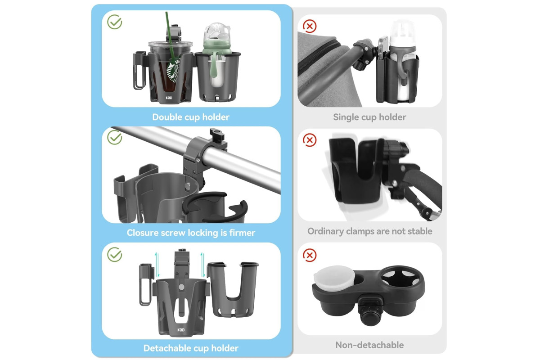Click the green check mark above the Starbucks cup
coord(115,22)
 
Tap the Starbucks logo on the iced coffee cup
coord(174,72)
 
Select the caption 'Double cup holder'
coord(191,117)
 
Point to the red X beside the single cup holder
coord(310,26)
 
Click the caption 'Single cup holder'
coord(369,117)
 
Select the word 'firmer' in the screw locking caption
coord(242,233)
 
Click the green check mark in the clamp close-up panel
coord(115,137)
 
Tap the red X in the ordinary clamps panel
coord(310,140)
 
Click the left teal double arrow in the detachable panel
coord(157,265)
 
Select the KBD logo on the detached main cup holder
coord(181,330)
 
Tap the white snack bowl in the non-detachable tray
coord(334,278)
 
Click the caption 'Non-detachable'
coord(369,345)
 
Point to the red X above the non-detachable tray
coord(310,255)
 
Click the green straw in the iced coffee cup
coord(171,39)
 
